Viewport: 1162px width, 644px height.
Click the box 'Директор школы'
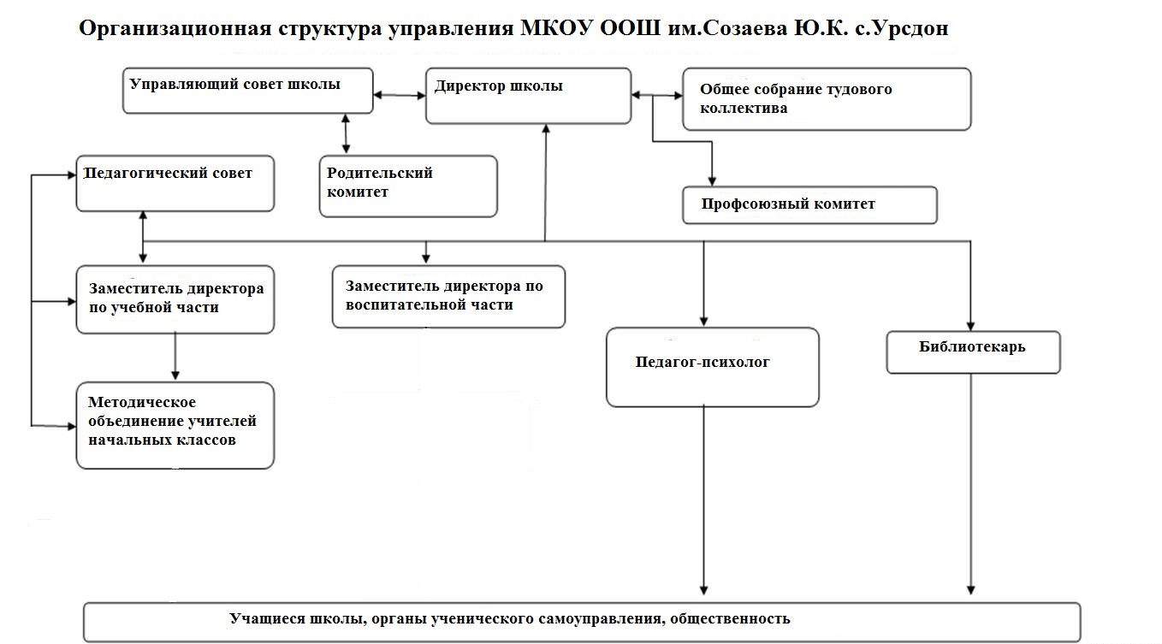[528, 97]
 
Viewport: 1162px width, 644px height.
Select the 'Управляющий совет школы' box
[247, 91]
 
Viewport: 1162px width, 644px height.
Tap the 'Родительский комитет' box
[408, 186]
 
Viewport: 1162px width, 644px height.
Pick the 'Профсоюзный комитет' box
[809, 205]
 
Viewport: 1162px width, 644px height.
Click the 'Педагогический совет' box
[175, 183]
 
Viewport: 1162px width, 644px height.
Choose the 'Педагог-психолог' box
[712, 367]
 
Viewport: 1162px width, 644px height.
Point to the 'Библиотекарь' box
[973, 352]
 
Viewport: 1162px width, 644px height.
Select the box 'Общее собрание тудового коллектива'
[826, 99]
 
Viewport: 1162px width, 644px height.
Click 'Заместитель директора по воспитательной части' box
[448, 296]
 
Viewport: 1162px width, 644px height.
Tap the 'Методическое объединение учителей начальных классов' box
[175, 425]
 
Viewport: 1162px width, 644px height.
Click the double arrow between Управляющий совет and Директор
[400, 95]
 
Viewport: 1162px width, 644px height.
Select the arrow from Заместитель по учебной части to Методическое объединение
[175, 356]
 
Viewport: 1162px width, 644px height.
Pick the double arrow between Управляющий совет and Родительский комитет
[346, 133]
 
